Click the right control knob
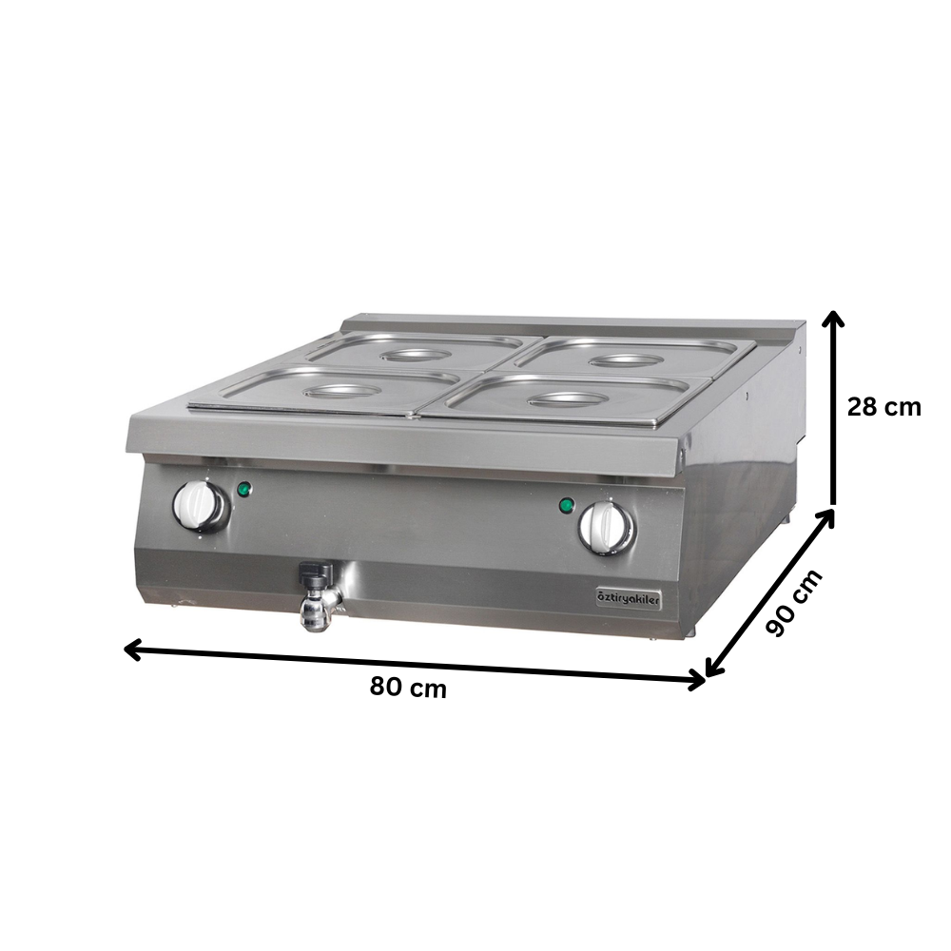(606, 525)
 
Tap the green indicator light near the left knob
(244, 490)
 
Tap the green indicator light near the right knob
(568, 505)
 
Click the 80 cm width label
(408, 688)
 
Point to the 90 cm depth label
(793, 603)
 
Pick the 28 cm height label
(884, 407)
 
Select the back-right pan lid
(632, 357)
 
